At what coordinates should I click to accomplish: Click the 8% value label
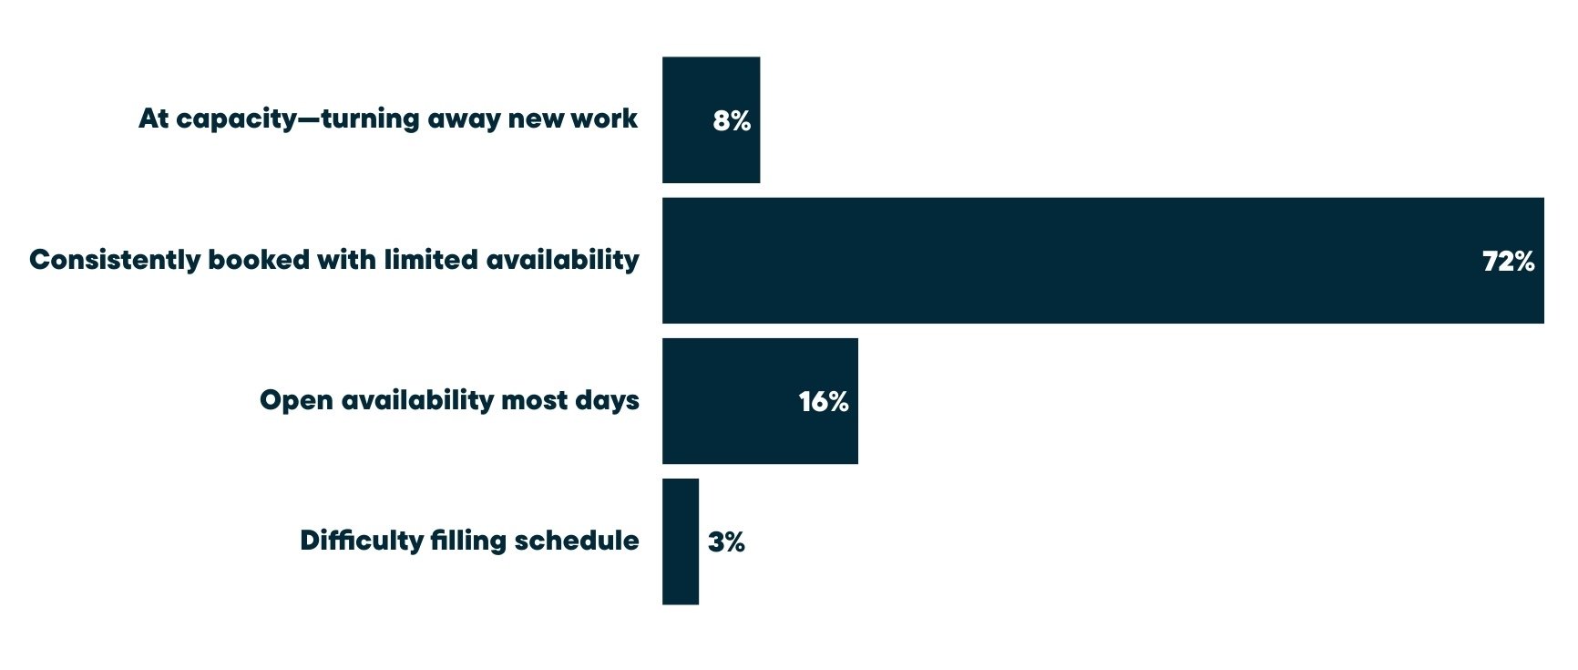pyautogui.click(x=732, y=120)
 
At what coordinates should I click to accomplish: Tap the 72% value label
pyautogui.click(x=1508, y=262)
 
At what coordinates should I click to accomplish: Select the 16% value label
pyautogui.click(x=824, y=401)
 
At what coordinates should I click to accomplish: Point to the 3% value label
pyautogui.click(x=726, y=542)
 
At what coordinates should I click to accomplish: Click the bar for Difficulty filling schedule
pyautogui.click(x=681, y=541)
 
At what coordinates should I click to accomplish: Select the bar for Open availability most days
pyautogui.click(x=729, y=401)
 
